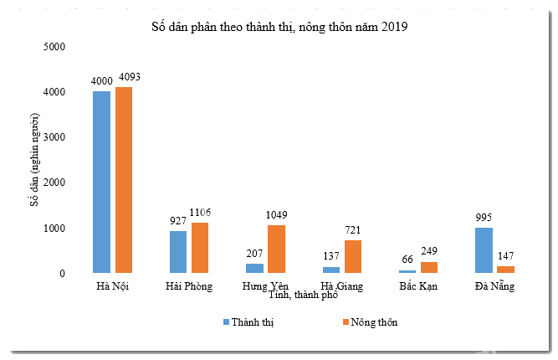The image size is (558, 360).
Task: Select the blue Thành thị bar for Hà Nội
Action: (101, 182)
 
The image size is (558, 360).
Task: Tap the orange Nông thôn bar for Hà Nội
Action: (124, 180)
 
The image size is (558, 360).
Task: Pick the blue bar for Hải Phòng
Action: (178, 251)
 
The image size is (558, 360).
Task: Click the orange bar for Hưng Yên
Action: (276, 249)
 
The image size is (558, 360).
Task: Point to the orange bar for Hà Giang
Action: (353, 256)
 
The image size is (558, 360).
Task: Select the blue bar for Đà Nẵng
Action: (484, 249)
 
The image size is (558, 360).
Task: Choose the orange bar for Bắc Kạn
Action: (430, 267)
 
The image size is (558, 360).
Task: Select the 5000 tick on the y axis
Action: (54, 46)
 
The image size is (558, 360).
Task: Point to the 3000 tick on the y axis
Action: (54, 136)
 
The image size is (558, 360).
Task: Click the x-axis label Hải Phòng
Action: (188, 286)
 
